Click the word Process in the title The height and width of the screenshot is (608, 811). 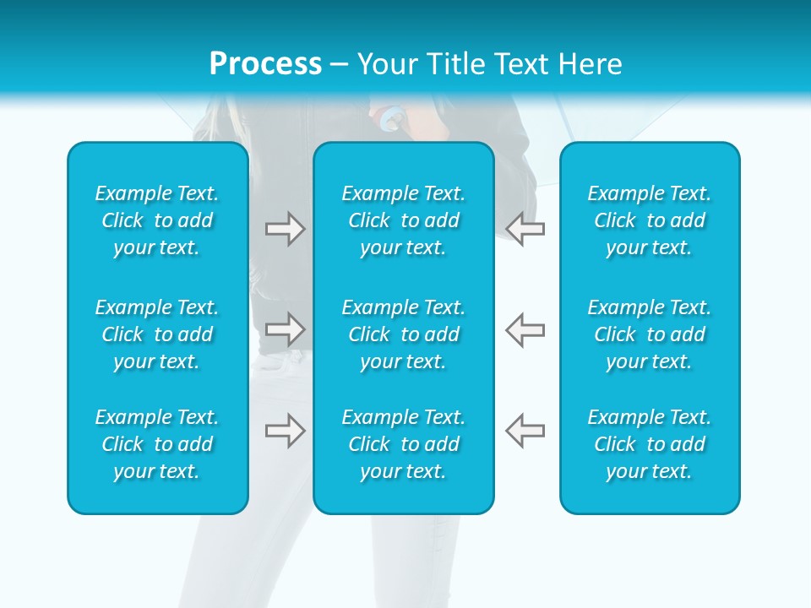(265, 64)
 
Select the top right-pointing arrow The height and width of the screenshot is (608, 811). (285, 229)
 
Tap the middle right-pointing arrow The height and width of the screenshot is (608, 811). (285, 328)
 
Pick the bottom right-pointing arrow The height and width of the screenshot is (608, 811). (285, 431)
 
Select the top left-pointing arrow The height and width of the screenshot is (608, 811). (525, 229)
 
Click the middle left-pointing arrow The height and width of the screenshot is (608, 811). (525, 328)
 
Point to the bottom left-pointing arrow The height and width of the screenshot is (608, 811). (525, 431)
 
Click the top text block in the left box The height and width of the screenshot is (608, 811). (157, 220)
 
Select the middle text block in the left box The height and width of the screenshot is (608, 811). (157, 334)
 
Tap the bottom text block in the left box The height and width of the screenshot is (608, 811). (157, 444)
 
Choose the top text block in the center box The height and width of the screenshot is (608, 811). (404, 220)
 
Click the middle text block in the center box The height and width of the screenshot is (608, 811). (404, 334)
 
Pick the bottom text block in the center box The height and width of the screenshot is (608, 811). (404, 444)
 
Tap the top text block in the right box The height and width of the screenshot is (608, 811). (650, 220)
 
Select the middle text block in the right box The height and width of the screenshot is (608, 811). (650, 334)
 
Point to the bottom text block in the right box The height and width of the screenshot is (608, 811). (650, 444)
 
